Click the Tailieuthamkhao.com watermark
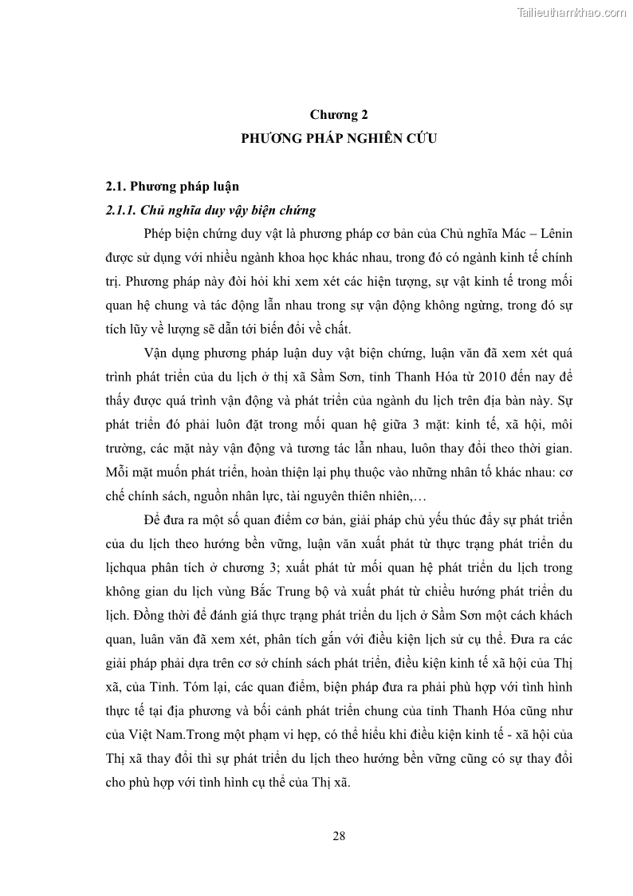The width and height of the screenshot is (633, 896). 572,12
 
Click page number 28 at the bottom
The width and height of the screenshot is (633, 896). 339,836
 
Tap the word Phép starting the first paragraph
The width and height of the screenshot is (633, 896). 159,234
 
